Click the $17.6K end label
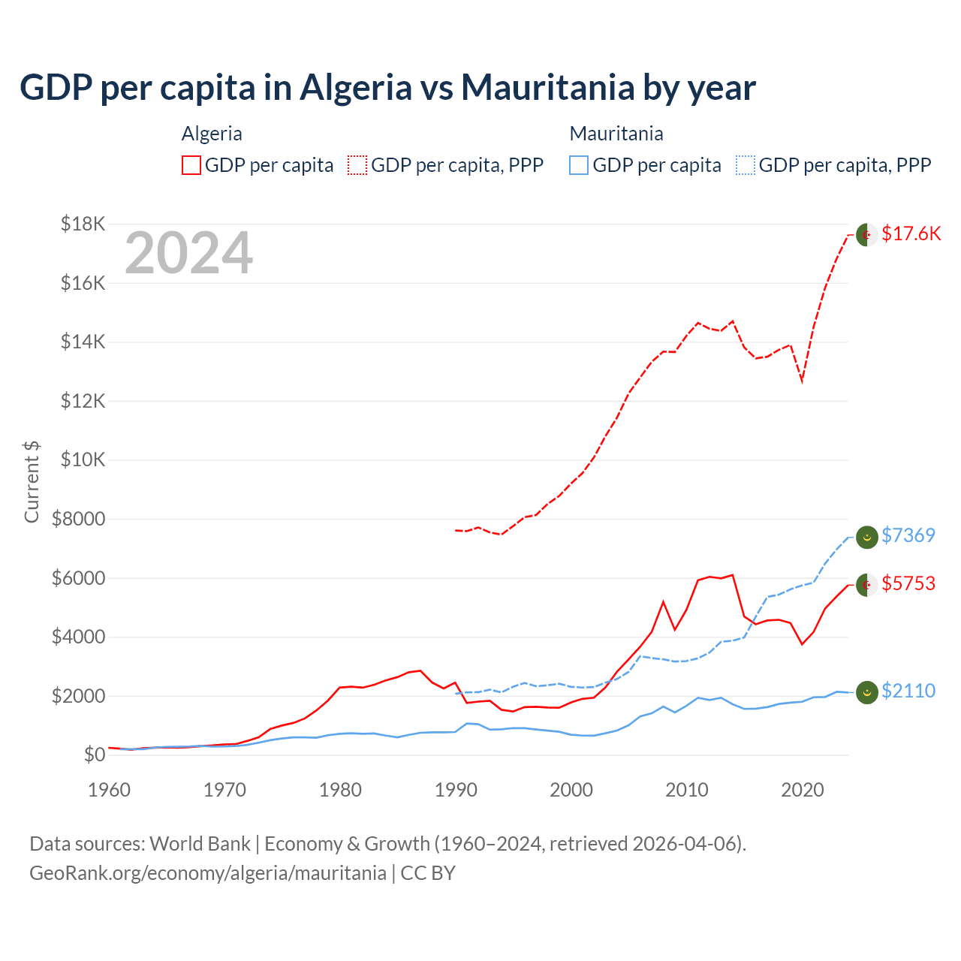911,233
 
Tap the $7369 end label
908,535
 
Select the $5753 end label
908,583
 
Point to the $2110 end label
908,691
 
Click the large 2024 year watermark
188,253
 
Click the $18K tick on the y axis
83,224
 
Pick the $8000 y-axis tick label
79,519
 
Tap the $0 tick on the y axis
94,755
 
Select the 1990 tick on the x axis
456,790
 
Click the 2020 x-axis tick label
802,790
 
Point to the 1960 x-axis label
110,790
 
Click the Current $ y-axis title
32,481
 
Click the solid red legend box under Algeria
191,165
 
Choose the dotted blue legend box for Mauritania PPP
746,165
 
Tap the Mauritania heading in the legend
616,134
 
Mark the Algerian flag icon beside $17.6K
866,234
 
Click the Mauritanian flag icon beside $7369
866,537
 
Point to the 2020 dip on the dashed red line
802,381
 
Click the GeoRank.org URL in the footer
208,873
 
